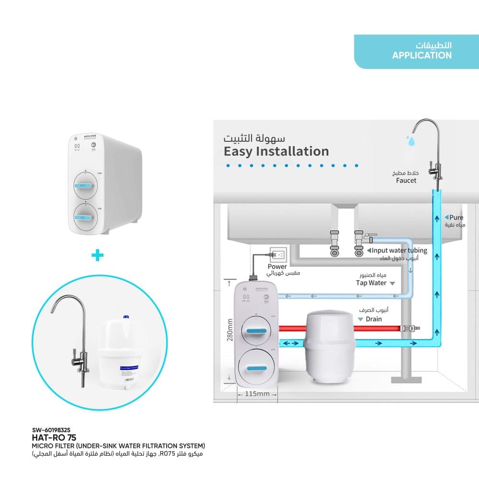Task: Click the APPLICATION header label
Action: tap(422, 56)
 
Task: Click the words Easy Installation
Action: tap(276, 151)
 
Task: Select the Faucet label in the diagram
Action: tap(406, 181)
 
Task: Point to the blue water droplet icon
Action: tap(411, 141)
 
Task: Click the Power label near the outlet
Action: tap(277, 267)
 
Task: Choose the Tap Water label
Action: tap(371, 283)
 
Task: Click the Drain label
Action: tap(374, 319)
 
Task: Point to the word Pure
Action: tap(456, 217)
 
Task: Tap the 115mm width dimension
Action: tap(257, 394)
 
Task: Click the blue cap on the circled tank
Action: tap(126, 317)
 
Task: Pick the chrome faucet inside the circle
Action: tap(77, 335)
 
